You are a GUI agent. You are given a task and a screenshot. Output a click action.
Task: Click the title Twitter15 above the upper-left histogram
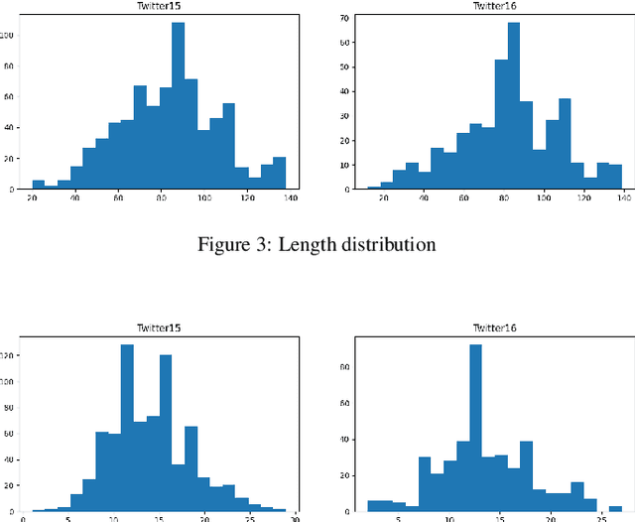click(x=159, y=6)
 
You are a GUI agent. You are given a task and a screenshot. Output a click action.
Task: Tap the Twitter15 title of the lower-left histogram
click(x=159, y=327)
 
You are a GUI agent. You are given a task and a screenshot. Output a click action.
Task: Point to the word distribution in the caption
click(x=387, y=244)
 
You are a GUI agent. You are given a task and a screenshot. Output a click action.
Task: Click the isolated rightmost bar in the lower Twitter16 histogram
click(x=615, y=508)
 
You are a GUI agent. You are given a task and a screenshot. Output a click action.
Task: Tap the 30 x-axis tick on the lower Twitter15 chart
click(x=295, y=519)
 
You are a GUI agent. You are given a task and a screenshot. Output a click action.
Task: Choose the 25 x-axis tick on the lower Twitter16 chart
click(x=592, y=519)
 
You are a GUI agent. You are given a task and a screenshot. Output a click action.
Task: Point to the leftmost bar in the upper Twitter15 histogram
click(x=38, y=185)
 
